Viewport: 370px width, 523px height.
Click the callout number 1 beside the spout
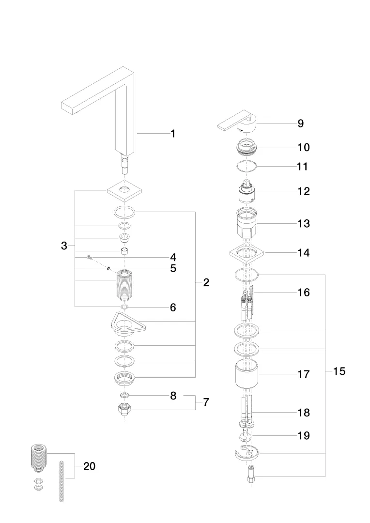172,134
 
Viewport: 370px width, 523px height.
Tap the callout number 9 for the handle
300,123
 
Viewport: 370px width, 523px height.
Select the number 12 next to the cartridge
304,191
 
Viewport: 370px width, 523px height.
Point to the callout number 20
90,466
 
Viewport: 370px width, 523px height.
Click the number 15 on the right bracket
339,371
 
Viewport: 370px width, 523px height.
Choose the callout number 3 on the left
64,246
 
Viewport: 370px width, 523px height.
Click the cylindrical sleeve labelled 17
247,374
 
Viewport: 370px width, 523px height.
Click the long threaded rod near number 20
62,482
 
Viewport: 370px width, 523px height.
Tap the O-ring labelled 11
247,167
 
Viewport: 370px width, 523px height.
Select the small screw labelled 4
90,257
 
